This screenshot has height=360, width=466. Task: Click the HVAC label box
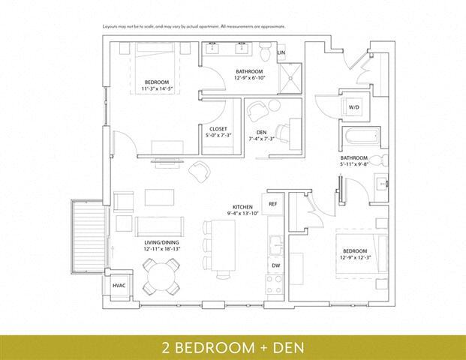(x=119, y=286)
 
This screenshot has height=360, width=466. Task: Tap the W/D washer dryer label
(x=353, y=108)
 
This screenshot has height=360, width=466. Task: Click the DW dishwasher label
(x=275, y=265)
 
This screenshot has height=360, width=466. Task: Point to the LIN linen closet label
(x=281, y=53)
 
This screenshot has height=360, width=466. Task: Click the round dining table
(x=161, y=276)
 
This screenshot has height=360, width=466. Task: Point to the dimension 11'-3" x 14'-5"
(x=157, y=88)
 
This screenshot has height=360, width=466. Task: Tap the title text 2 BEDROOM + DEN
(x=233, y=348)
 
